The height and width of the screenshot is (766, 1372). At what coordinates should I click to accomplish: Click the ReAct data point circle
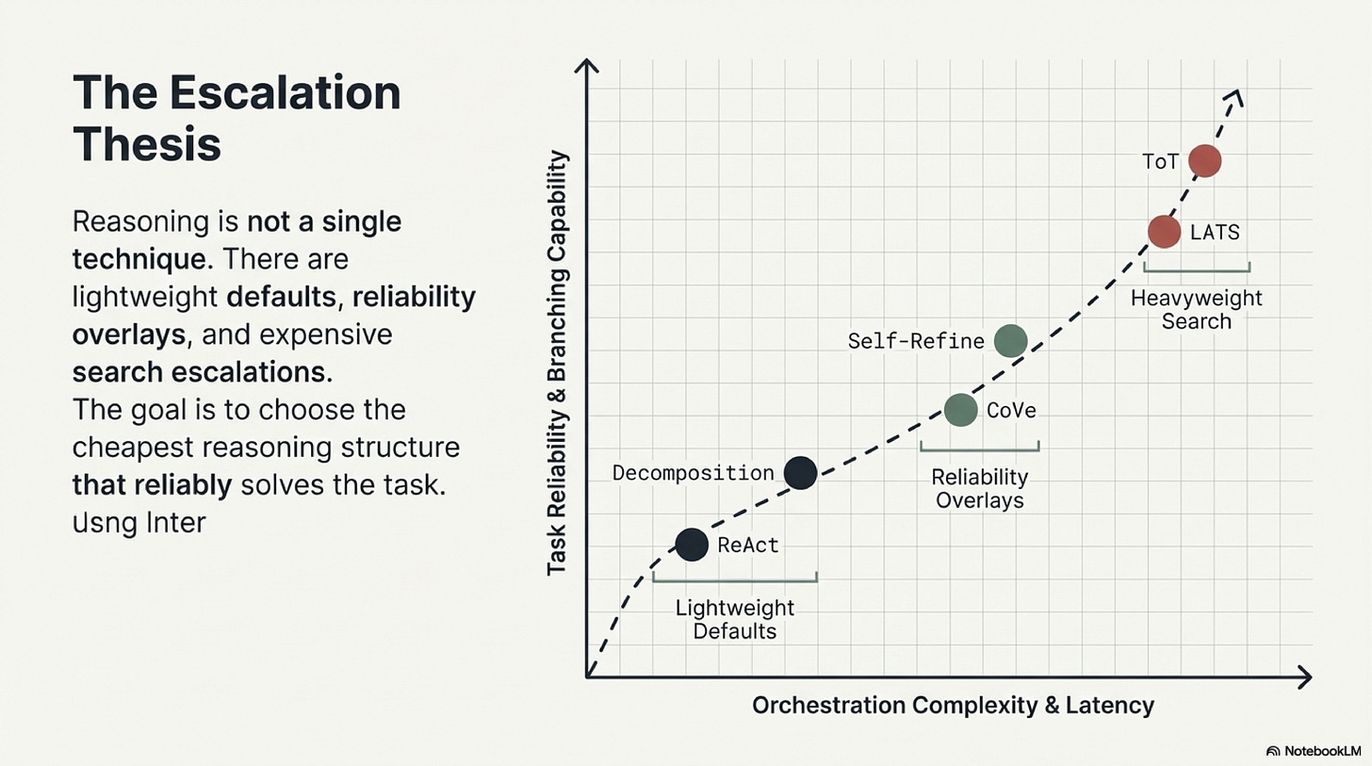tap(692, 544)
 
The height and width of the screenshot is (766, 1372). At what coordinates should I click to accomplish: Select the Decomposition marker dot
tap(800, 473)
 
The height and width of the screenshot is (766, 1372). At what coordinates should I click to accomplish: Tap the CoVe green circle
tap(960, 410)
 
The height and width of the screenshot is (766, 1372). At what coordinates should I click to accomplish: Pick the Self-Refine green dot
tap(1010, 341)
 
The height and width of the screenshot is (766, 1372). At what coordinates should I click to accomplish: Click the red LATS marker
tap(1164, 232)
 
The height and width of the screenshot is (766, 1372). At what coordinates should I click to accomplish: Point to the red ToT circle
tap(1204, 161)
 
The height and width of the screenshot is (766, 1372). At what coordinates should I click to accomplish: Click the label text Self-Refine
tap(916, 341)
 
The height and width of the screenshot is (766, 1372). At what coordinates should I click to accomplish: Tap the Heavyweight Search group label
tap(1196, 310)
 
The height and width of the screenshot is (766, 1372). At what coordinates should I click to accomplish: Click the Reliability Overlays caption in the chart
tap(979, 489)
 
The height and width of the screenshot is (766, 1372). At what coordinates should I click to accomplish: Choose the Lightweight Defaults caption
tap(734, 619)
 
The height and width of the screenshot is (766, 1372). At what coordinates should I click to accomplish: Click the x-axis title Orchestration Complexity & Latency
tap(952, 706)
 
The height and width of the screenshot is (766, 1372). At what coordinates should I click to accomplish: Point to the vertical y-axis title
tap(559, 364)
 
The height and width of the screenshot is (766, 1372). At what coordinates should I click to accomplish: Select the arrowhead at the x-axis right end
tap(1304, 676)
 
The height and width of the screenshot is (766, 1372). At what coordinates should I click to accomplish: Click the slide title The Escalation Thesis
tap(237, 119)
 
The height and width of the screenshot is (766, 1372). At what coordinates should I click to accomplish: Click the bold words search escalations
tap(203, 372)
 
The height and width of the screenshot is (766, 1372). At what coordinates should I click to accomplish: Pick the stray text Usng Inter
tap(139, 521)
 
